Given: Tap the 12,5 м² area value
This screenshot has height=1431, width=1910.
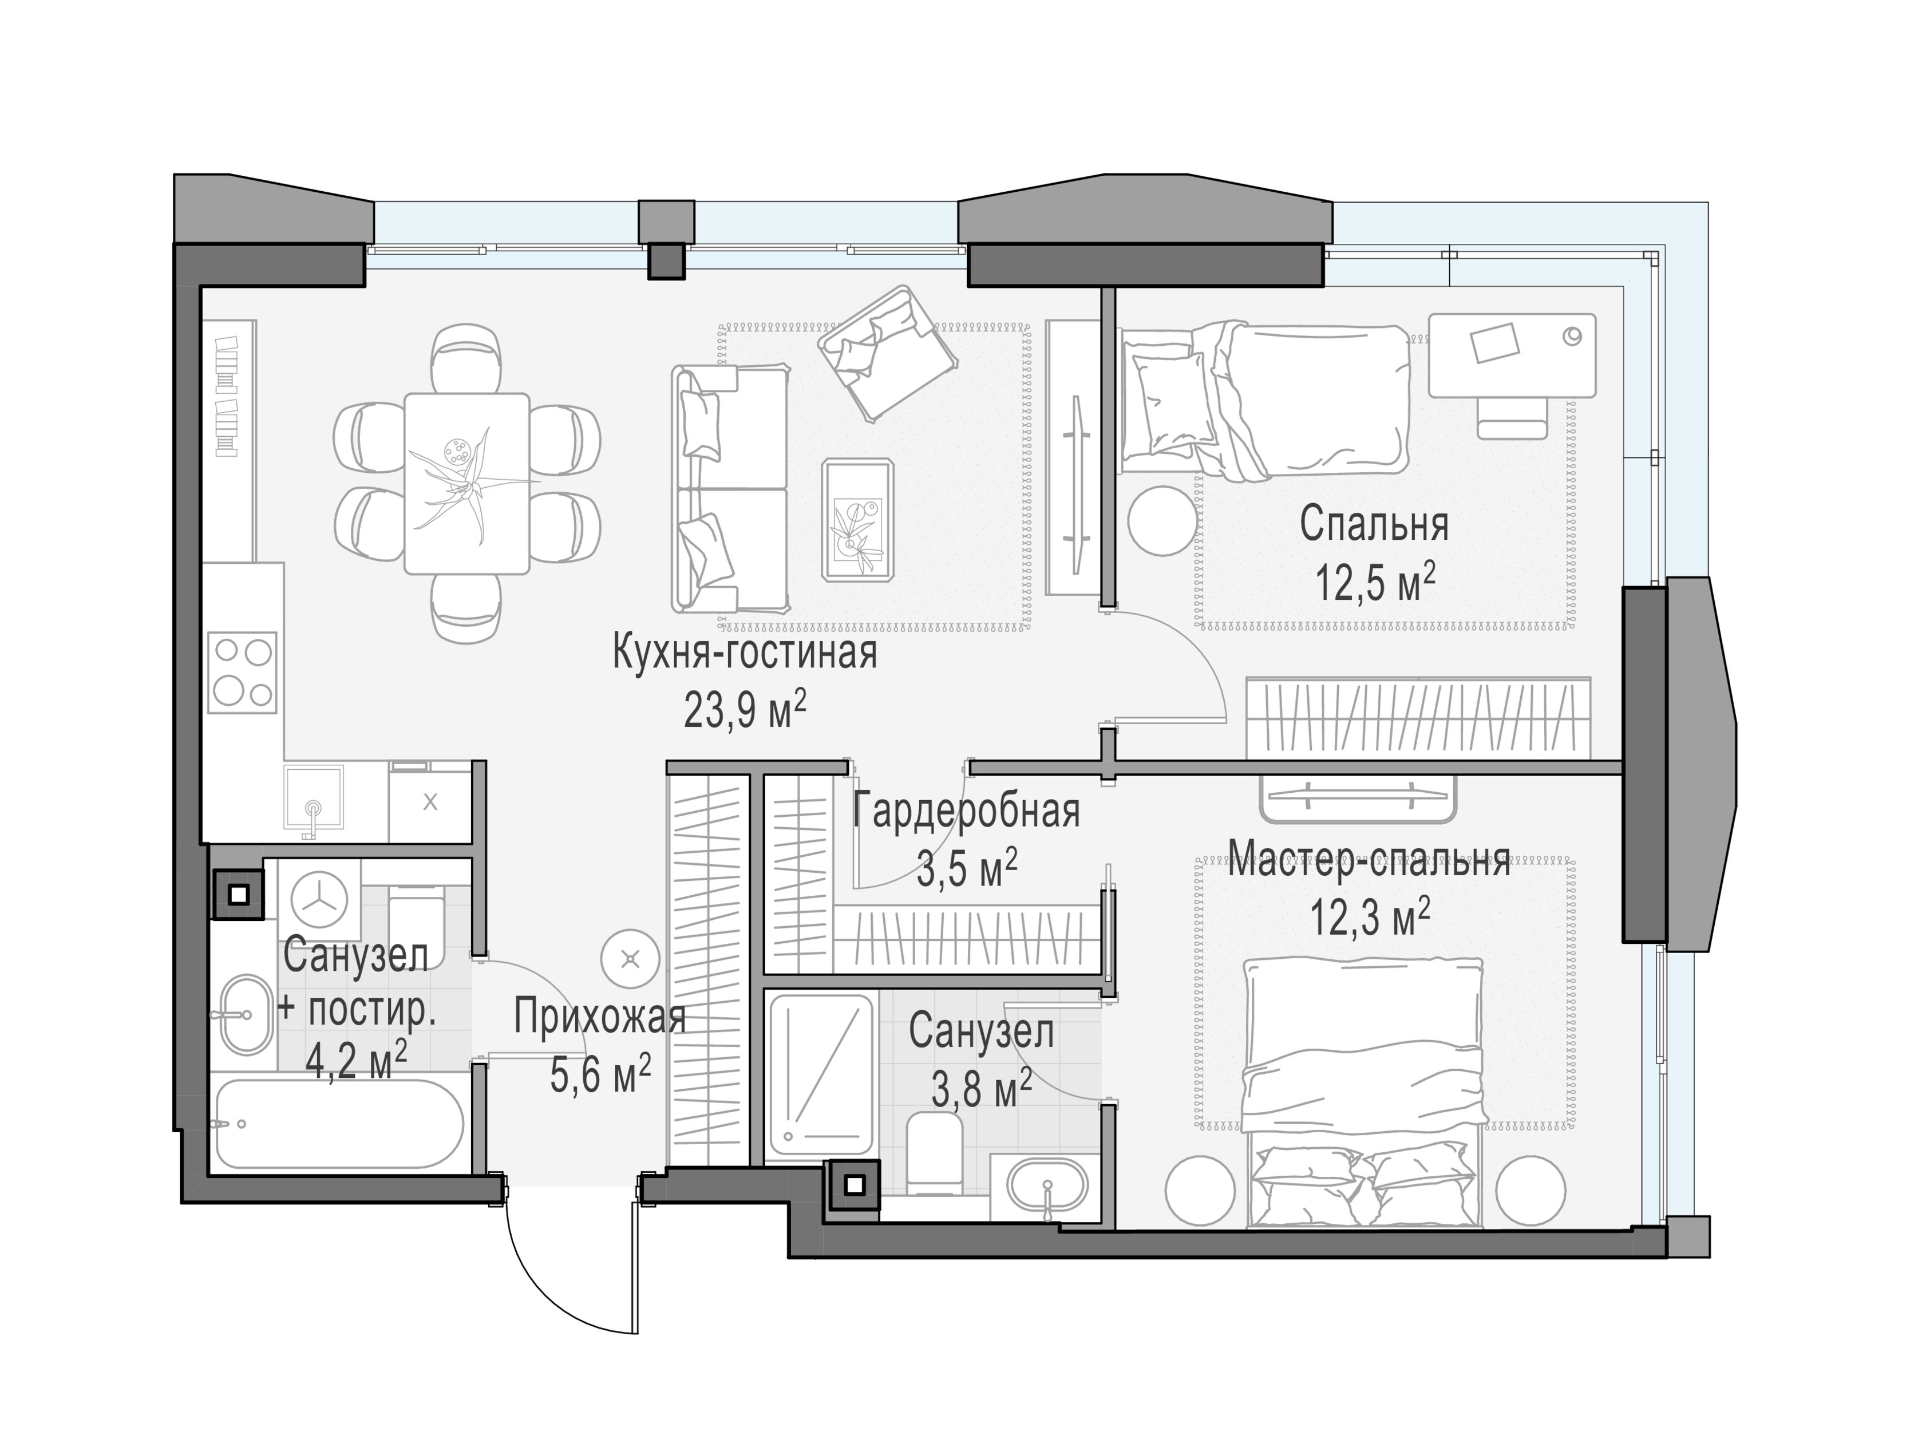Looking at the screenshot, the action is [x=1375, y=583].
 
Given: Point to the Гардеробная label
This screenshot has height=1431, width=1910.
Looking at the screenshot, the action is [x=966, y=811].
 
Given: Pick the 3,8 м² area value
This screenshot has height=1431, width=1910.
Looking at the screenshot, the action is [x=982, y=1088].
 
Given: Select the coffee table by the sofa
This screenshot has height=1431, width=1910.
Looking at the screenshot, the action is [x=857, y=520].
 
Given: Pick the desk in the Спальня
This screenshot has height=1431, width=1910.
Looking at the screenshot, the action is [x=1511, y=355].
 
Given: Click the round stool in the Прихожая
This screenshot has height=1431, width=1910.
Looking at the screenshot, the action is [x=630, y=959].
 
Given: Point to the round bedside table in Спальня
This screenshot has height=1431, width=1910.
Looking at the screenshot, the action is [x=1163, y=520].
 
